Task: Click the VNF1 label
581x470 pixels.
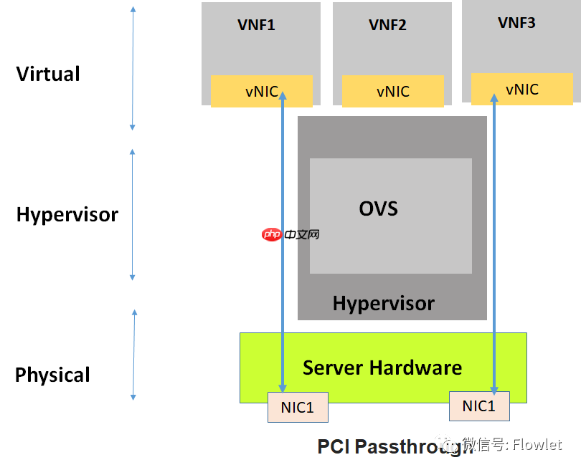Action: point(256,25)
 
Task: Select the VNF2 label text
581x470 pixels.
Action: point(387,25)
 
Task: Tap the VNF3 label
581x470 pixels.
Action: point(516,23)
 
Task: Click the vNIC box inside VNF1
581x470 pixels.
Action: point(261,91)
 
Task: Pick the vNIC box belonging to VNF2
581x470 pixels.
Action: point(392,92)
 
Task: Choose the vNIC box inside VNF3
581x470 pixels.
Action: point(521,89)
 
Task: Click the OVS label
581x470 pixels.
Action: point(378,208)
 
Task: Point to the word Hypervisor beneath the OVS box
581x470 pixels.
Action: point(383,303)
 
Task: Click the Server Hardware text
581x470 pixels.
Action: point(382,368)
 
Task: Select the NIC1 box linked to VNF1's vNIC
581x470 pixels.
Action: point(297,407)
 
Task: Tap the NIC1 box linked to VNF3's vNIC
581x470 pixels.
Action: point(478,406)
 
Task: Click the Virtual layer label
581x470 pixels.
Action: point(48,74)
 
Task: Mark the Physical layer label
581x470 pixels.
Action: point(52,375)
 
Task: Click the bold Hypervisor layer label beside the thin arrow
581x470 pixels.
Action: point(67,214)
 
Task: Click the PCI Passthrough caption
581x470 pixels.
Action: point(387,446)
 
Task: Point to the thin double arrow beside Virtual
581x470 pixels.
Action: point(133,68)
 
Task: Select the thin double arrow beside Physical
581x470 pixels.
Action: point(133,355)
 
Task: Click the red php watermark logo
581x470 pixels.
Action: point(271,234)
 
